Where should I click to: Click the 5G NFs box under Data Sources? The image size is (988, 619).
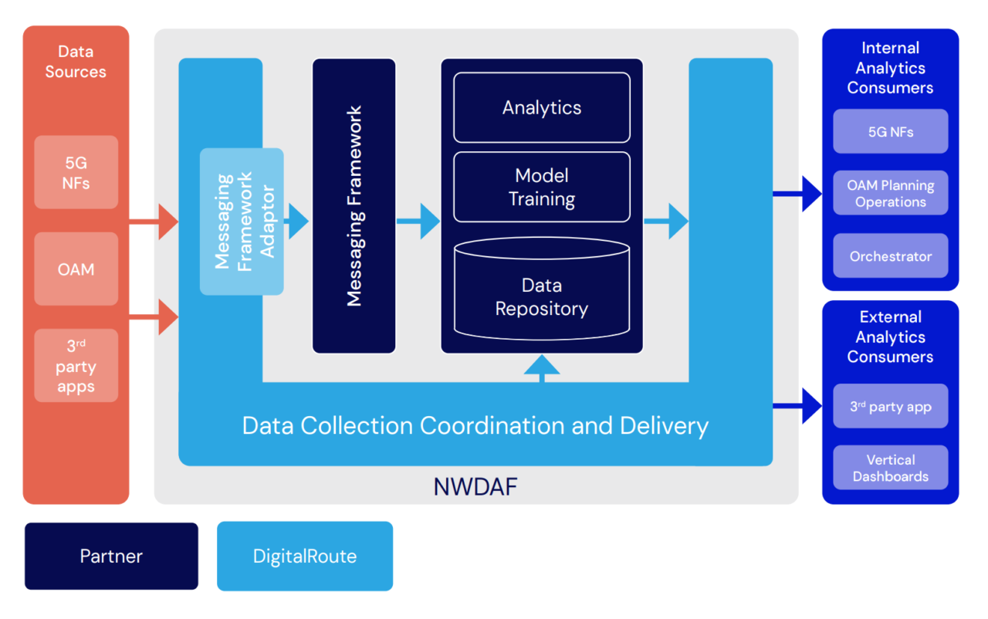tap(76, 172)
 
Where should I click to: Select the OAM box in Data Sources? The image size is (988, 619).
tap(76, 269)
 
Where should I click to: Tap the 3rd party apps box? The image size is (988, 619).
tap(76, 366)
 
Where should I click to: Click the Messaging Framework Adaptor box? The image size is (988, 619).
tap(242, 222)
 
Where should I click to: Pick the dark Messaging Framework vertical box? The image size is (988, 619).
tap(354, 206)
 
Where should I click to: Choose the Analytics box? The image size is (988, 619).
tap(541, 108)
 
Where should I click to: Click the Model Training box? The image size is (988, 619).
tap(541, 187)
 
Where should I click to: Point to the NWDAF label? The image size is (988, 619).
tap(475, 487)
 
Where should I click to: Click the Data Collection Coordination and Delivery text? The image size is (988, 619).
tap(475, 426)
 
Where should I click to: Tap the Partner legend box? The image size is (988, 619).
tap(111, 556)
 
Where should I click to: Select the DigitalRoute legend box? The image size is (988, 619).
tap(305, 556)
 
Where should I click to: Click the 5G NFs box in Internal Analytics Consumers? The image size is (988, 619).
tap(890, 132)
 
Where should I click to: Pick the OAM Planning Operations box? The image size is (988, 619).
tap(890, 193)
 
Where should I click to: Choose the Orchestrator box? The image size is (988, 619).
tap(890, 256)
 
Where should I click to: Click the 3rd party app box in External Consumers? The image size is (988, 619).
tap(890, 407)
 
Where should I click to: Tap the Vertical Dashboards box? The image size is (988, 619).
tap(890, 468)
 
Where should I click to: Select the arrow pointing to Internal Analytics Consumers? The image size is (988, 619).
tap(799, 194)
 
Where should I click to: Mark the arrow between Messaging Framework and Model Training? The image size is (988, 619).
tap(418, 222)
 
